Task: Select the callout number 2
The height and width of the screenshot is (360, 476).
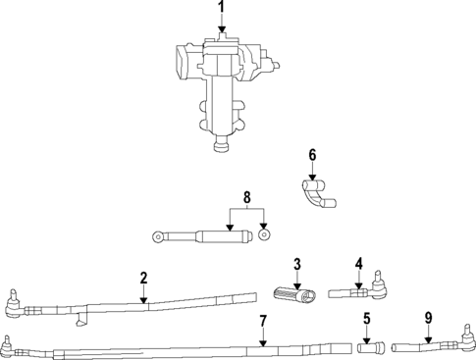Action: [x=143, y=279]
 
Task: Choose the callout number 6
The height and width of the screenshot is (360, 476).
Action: [x=312, y=154]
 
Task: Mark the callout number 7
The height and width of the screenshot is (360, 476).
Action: [x=262, y=321]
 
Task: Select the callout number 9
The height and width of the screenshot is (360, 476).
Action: [x=428, y=318]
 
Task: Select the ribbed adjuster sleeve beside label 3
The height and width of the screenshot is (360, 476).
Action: [x=291, y=294]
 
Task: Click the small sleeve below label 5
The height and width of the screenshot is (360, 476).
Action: [x=368, y=346]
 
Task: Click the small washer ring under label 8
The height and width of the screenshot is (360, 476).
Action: [x=264, y=235]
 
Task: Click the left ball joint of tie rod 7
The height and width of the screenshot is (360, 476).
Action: [x=9, y=344]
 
